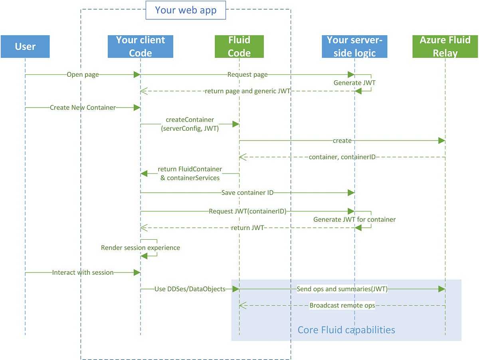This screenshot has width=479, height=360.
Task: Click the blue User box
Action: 25,46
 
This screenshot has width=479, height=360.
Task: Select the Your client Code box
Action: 140,46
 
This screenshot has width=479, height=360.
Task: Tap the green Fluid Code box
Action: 239,46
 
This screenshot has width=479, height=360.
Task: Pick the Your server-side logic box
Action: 354,46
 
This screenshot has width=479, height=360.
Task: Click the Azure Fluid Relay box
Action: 445,46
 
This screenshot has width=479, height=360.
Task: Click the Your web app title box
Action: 186,10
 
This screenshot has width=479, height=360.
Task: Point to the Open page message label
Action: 83,75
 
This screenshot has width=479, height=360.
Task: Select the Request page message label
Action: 247,75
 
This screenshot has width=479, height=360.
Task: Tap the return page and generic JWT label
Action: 247,91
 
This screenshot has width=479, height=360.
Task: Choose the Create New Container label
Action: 83,107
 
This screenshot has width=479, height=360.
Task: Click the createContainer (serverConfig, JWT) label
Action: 190,124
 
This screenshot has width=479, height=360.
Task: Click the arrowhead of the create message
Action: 441,141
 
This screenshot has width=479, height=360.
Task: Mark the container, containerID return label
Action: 342,157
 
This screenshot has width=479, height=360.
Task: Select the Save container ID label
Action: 247,193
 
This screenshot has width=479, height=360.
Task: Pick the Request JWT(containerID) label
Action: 247,211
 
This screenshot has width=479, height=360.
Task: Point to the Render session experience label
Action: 141,248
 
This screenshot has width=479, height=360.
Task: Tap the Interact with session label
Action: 83,272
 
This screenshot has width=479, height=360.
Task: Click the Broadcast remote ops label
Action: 342,306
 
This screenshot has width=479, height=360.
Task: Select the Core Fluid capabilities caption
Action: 346,330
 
